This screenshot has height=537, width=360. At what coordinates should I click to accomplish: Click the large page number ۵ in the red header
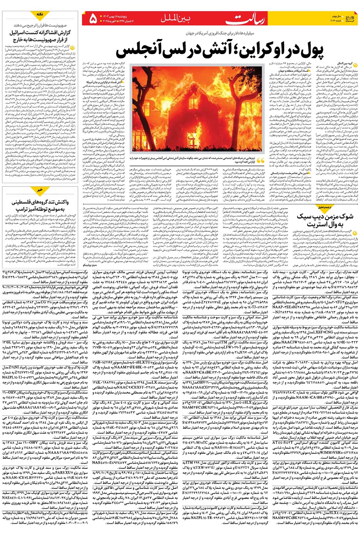92,19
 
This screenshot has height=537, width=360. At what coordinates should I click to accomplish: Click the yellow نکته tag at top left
40,14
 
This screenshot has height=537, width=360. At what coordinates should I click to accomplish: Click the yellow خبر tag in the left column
40,190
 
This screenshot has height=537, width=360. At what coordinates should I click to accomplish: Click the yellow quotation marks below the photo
260,160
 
